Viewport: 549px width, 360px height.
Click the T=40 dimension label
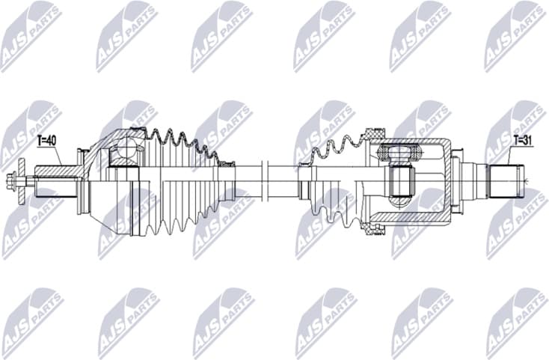pos(46,140)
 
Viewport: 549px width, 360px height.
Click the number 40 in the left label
pos(51,140)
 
